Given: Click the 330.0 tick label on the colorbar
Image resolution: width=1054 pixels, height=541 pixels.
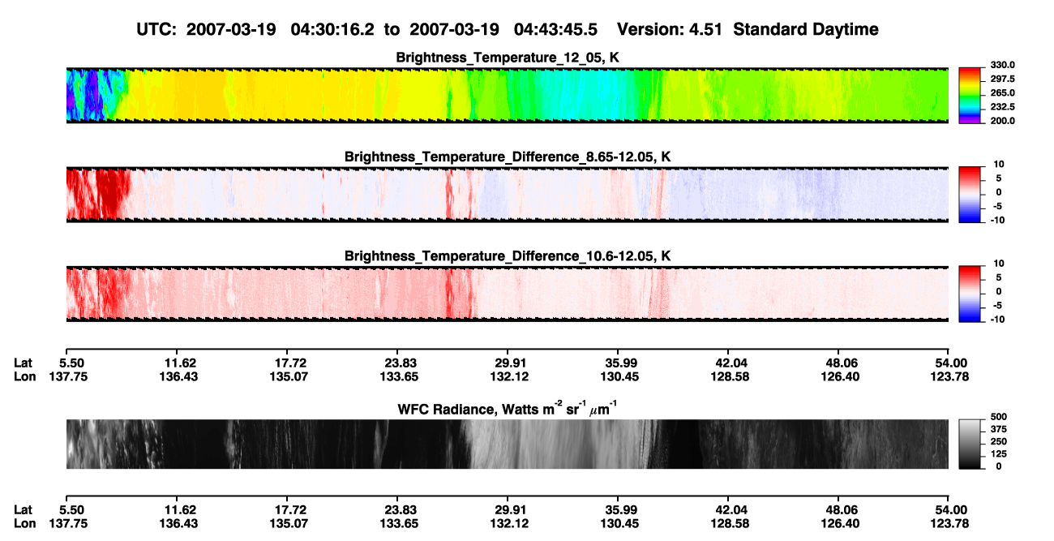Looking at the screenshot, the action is click(x=1002, y=65).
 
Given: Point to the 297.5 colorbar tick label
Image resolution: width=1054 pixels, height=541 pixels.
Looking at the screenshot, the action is click(x=1002, y=79).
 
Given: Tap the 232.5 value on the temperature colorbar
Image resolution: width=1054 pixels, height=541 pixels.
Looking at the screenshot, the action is click(x=1002, y=107).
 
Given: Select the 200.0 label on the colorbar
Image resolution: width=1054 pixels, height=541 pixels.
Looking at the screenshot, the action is click(x=1002, y=121).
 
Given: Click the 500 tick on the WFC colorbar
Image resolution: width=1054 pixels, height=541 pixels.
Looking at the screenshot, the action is click(x=998, y=417).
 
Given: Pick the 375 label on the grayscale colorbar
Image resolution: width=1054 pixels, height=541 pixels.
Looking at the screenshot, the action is click(x=998, y=429).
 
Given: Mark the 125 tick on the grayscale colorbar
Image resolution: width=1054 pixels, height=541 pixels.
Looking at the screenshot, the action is click(x=998, y=454).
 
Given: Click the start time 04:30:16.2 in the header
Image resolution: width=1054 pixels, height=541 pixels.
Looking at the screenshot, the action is click(x=332, y=29).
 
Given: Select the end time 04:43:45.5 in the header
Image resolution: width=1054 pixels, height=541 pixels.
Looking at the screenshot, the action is click(x=555, y=29).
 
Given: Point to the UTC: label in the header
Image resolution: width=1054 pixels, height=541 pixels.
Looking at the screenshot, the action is click(x=156, y=29).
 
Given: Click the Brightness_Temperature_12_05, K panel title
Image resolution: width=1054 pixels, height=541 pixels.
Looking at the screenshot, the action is click(x=508, y=58).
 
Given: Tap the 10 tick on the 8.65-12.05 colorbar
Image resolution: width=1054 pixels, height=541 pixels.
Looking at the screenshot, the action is click(x=999, y=165).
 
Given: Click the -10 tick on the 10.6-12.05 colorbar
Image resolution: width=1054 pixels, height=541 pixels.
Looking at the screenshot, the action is click(x=997, y=320).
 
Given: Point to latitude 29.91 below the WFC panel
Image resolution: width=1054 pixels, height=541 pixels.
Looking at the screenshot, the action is click(x=510, y=510).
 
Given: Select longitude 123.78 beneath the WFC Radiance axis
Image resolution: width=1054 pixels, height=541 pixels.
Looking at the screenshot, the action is click(x=949, y=524).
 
